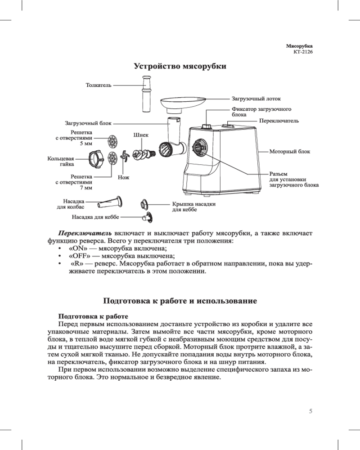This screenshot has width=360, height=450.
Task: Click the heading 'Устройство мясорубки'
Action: tap(180, 67)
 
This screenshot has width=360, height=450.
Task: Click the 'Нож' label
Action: tap(123, 177)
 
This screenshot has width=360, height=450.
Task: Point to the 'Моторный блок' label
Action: tap(289, 152)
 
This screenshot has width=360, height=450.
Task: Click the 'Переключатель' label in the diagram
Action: tap(279, 121)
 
